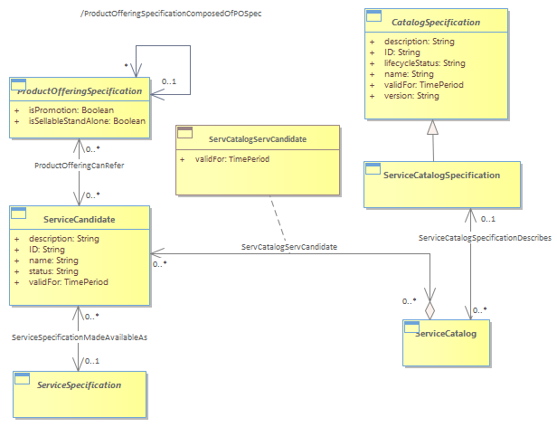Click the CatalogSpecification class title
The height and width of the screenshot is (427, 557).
pyautogui.click(x=436, y=23)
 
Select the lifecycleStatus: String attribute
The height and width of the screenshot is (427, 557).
pyautogui.click(x=424, y=63)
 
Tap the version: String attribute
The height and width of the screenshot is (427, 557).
pyautogui.click(x=411, y=96)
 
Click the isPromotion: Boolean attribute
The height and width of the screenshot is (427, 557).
pyautogui.click(x=71, y=110)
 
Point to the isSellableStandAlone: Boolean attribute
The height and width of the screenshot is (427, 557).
pyautogui.click(x=87, y=121)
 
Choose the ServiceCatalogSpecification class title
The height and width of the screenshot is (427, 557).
pyautogui.click(x=441, y=176)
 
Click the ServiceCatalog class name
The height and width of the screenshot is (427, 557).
pyautogui.click(x=446, y=334)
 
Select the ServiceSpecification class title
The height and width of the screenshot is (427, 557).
pyautogui.click(x=80, y=385)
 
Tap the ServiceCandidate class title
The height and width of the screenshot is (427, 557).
pyautogui.click(x=80, y=219)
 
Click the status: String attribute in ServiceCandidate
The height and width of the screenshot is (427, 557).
pyautogui.click(x=53, y=271)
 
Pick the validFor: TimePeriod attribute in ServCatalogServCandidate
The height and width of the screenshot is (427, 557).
pyautogui.click(x=232, y=159)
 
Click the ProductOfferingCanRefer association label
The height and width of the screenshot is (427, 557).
pyautogui.click(x=80, y=166)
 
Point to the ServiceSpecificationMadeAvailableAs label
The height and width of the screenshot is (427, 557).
pyautogui.click(x=80, y=337)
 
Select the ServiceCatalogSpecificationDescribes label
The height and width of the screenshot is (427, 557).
pyautogui.click(x=485, y=238)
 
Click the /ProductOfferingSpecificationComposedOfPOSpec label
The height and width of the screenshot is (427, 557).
pyautogui.click(x=171, y=14)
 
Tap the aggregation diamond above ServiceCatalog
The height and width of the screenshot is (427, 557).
pyautogui.click(x=430, y=310)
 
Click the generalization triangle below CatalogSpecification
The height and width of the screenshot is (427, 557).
pyautogui.click(x=432, y=127)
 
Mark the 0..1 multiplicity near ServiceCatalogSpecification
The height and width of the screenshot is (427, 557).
pyautogui.click(x=488, y=219)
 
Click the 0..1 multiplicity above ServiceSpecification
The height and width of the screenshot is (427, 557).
pyautogui.click(x=92, y=361)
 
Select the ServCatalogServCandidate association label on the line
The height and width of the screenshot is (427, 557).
pyautogui.click(x=289, y=247)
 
